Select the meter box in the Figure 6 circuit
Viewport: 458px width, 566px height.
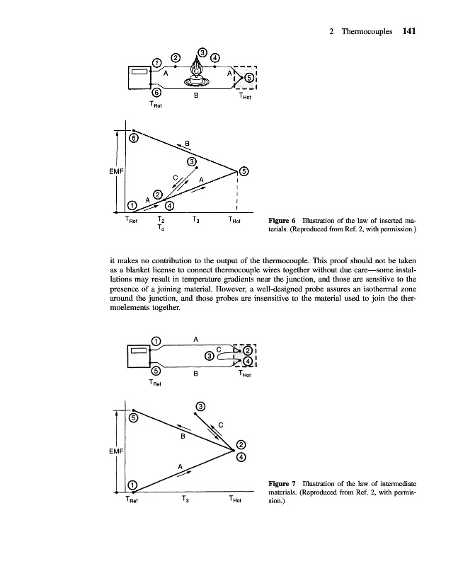(138, 73)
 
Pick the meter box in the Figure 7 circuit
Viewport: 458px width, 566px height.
(138, 352)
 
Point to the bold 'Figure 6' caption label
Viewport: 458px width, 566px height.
(280, 221)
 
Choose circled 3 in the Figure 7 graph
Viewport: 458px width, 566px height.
(201, 406)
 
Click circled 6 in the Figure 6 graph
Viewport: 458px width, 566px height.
(132, 138)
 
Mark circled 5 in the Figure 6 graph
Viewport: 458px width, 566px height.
(244, 171)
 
